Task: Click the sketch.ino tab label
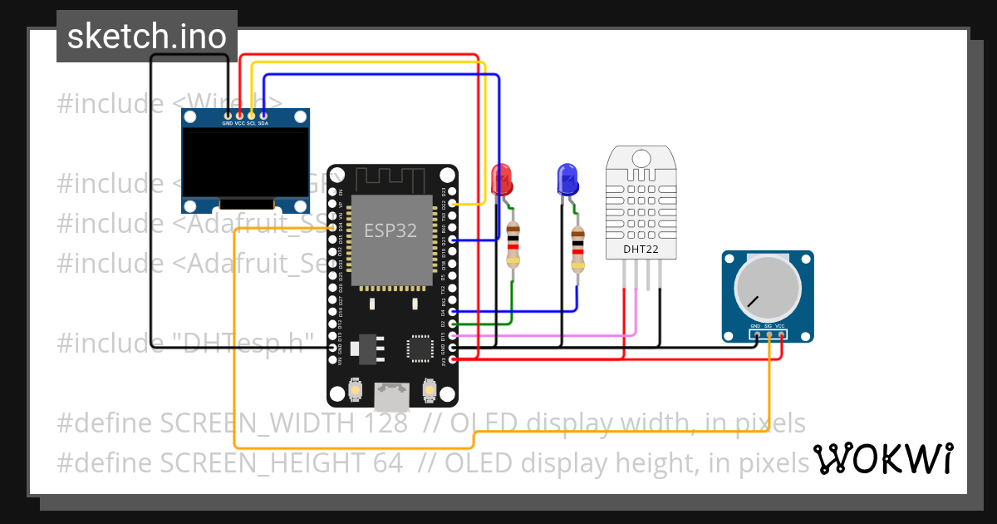(146, 37)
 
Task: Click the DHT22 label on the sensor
(641, 249)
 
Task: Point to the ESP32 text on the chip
(390, 230)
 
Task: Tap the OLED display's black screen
(245, 163)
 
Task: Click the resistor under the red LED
(513, 245)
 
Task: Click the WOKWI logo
(883, 458)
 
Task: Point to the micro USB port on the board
(390, 397)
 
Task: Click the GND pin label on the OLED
(227, 123)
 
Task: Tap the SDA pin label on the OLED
(263, 123)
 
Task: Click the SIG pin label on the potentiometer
(769, 326)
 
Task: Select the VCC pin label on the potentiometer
(781, 326)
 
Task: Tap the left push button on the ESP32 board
(356, 389)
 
